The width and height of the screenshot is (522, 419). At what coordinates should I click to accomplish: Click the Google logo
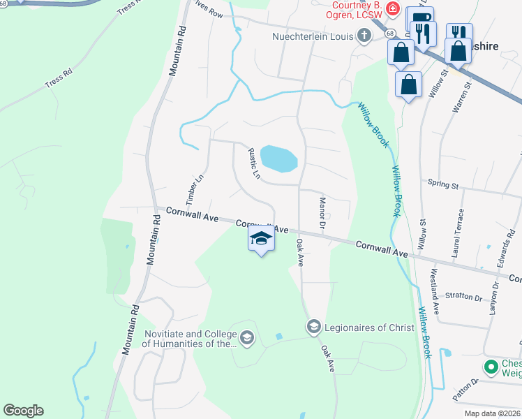click(23, 411)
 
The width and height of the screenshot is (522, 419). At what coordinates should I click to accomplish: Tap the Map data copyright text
click(493, 413)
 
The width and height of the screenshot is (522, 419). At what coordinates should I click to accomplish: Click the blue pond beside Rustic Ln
click(278, 159)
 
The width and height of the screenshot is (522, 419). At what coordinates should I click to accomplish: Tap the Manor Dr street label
click(322, 212)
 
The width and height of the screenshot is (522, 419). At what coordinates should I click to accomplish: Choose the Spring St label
click(444, 186)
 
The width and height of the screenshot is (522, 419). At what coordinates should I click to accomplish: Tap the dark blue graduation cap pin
click(261, 239)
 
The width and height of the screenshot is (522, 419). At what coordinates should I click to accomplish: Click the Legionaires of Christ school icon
click(313, 326)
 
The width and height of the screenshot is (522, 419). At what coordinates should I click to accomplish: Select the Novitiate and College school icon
click(246, 339)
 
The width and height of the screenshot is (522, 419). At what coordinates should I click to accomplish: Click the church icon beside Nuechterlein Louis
click(364, 35)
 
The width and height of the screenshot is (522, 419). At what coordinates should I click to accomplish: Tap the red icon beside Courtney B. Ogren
click(394, 10)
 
